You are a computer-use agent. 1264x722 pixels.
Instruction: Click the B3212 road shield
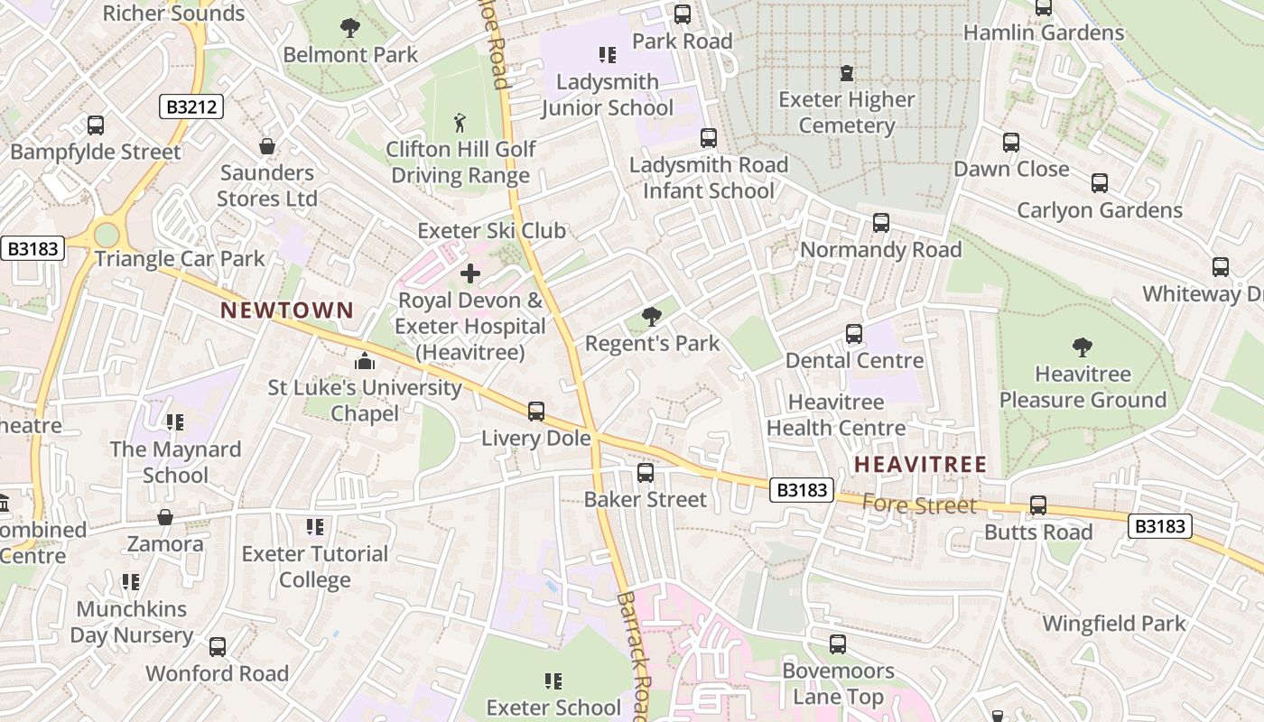pyautogui.click(x=192, y=107)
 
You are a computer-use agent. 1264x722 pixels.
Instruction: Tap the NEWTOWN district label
pyautogui.click(x=288, y=310)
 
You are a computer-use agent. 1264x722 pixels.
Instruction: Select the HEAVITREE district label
pyautogui.click(x=920, y=465)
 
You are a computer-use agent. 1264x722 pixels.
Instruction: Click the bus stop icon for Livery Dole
pyautogui.click(x=536, y=412)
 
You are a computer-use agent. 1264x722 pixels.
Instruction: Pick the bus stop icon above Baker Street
pyautogui.click(x=646, y=473)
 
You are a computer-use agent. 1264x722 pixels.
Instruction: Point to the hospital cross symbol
pyautogui.click(x=470, y=273)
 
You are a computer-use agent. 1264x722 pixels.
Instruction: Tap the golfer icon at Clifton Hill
pyautogui.click(x=460, y=122)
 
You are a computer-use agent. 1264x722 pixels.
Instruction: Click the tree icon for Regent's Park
pyautogui.click(x=651, y=316)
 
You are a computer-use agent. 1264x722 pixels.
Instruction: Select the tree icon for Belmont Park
pyautogui.click(x=350, y=28)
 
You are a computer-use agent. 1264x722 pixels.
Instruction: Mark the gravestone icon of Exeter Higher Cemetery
pyautogui.click(x=847, y=72)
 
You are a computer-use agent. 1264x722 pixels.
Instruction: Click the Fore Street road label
pyautogui.click(x=919, y=504)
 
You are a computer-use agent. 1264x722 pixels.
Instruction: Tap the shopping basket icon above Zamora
pyautogui.click(x=165, y=517)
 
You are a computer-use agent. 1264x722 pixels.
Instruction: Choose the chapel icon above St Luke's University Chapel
pyautogui.click(x=365, y=361)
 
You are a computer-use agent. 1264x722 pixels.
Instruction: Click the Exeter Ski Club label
pyautogui.click(x=491, y=230)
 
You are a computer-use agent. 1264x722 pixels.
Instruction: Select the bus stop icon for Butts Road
pyautogui.click(x=1038, y=505)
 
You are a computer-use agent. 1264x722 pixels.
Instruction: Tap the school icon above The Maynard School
pyautogui.click(x=175, y=421)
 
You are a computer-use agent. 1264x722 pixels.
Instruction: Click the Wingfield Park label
pyautogui.click(x=1114, y=624)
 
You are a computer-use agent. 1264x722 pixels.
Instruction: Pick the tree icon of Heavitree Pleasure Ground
pyautogui.click(x=1082, y=347)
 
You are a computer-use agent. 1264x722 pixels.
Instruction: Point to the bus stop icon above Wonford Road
pyautogui.click(x=218, y=647)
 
